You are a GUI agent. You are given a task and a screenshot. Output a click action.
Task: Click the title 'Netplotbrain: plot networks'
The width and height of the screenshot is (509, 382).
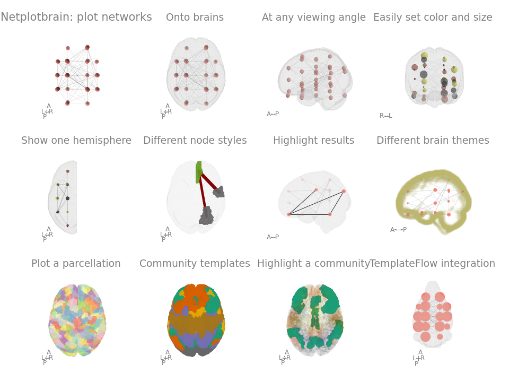tap(76, 18)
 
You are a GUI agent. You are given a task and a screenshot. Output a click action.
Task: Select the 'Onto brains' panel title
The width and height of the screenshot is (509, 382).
tap(195, 18)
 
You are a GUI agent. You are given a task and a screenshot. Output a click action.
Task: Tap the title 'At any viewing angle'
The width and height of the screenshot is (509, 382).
tap(313, 18)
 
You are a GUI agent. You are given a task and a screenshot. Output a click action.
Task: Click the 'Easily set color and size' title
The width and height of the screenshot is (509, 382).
tap(433, 18)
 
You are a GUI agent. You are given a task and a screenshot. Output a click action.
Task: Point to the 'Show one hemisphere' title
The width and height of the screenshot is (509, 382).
tap(76, 141)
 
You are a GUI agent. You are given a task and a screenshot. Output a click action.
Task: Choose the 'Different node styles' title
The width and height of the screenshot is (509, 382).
tap(195, 141)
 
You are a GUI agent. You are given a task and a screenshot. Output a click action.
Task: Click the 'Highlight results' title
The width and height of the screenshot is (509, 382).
tap(313, 141)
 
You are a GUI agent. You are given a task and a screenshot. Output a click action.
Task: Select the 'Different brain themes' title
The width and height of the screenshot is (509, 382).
tap(433, 141)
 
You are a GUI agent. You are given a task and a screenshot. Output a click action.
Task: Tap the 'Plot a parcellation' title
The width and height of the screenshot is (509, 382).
tap(76, 264)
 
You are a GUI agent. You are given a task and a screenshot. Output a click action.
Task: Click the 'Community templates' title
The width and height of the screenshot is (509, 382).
tap(195, 264)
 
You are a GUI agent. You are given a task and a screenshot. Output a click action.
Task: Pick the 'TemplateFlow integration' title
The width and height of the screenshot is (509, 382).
tap(433, 264)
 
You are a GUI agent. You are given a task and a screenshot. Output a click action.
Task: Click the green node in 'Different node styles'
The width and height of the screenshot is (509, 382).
tap(199, 171)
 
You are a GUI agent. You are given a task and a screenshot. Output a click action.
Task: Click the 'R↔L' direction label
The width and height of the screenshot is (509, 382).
tap(385, 116)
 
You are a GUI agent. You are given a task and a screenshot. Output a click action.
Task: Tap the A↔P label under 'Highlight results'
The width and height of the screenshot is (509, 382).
tap(273, 237)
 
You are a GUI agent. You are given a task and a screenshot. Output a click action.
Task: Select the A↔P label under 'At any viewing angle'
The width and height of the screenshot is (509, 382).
tap(273, 114)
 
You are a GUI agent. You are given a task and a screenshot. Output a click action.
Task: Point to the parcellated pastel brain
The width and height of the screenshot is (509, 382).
tap(77, 320)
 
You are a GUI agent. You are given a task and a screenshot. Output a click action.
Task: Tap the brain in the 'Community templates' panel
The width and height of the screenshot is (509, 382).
tap(196, 320)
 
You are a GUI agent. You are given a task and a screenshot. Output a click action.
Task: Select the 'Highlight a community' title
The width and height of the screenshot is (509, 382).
tap(313, 264)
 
